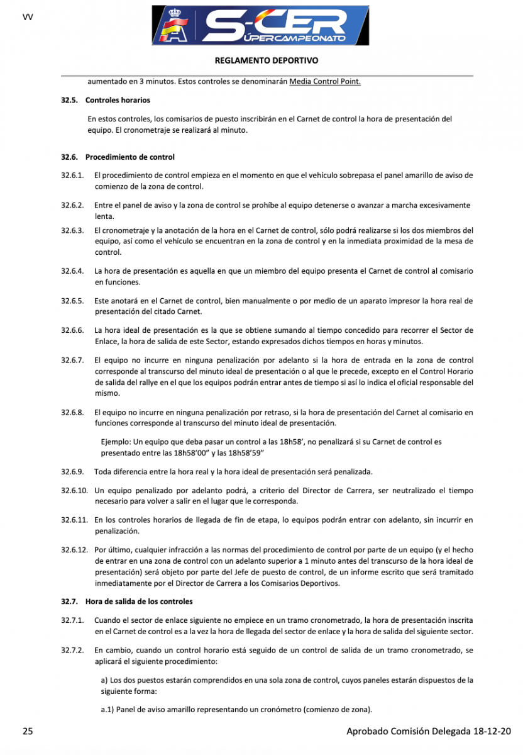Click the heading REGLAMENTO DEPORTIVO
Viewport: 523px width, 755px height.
tap(267, 61)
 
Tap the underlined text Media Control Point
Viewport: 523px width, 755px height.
tap(325, 82)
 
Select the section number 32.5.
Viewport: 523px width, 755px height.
tap(69, 100)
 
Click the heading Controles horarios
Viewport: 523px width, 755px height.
tap(118, 100)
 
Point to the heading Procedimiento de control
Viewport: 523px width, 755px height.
tap(130, 157)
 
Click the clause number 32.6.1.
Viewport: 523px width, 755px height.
tap(72, 174)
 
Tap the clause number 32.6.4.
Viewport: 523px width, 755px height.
tap(72, 271)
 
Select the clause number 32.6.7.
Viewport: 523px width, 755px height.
tap(72, 361)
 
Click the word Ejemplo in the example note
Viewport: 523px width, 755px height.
tap(118, 442)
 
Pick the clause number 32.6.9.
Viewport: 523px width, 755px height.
tap(72, 472)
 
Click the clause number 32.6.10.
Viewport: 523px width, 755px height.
tap(74, 490)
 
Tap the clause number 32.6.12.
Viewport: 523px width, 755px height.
tap(74, 549)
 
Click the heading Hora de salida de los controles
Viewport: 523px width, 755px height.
tap(139, 602)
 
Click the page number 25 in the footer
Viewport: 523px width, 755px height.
tap(28, 731)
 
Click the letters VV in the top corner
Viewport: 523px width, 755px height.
tap(28, 17)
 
